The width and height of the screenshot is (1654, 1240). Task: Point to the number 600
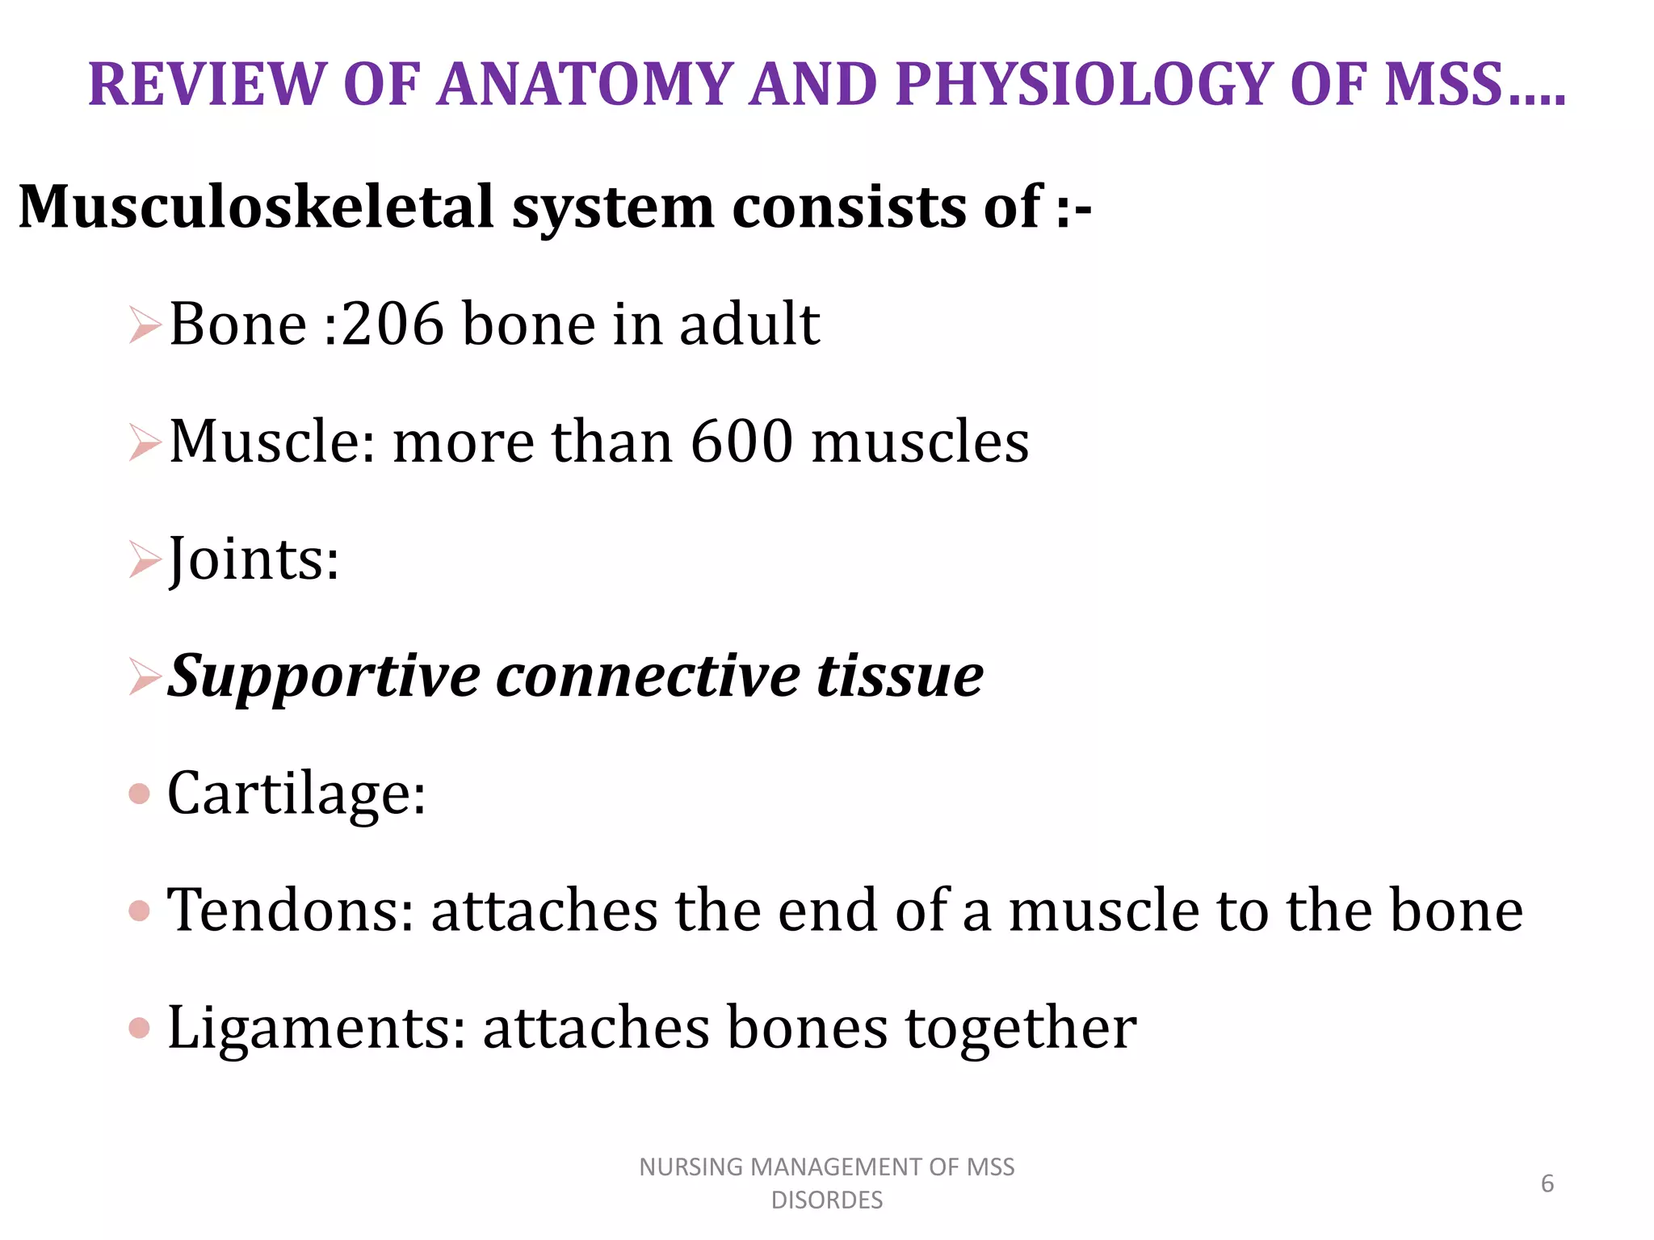[x=742, y=442]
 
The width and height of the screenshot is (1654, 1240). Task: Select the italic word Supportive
[x=323, y=677]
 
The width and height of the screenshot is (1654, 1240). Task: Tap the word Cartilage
[x=296, y=793]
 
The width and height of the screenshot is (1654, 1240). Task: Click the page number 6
[x=1547, y=1183]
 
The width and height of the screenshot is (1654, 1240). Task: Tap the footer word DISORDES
[x=827, y=1200]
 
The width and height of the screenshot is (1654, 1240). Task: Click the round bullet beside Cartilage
[x=140, y=794]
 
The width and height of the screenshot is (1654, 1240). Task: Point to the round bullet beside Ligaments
[x=140, y=1028]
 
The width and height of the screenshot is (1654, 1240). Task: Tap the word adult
[x=749, y=324]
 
